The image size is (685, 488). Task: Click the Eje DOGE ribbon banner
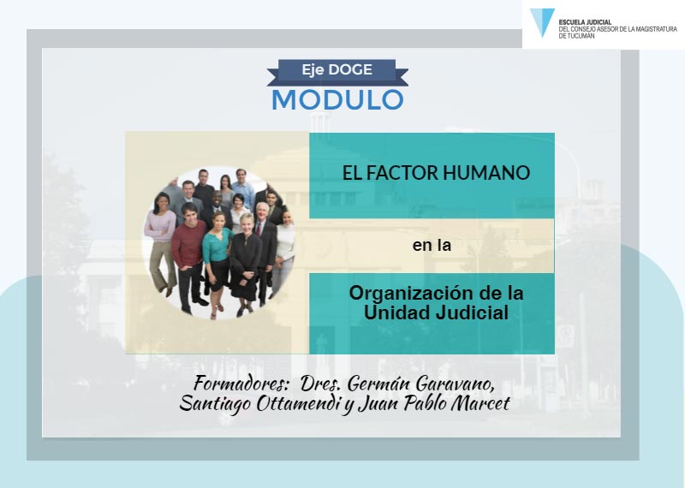click(x=337, y=71)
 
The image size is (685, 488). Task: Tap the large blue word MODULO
click(x=337, y=100)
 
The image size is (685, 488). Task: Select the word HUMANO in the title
click(x=486, y=173)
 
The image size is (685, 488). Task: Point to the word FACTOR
click(x=401, y=173)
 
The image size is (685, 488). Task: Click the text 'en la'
click(x=432, y=245)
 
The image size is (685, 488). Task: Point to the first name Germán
click(x=378, y=384)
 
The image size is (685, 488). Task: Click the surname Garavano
click(x=456, y=384)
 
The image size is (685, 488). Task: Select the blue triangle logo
click(x=542, y=23)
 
